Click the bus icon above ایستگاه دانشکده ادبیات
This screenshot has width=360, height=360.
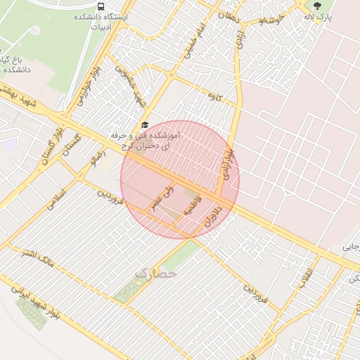click(103, 6)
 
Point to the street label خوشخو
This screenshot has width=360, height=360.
click(271, 22)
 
